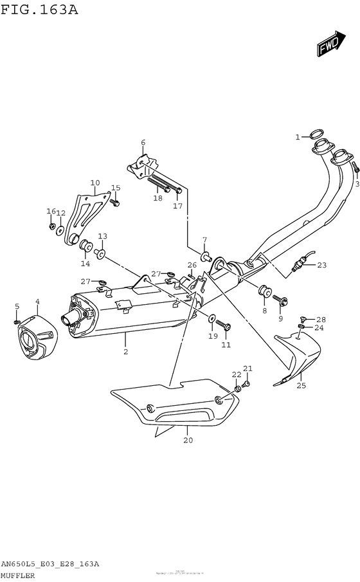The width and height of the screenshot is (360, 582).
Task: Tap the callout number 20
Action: tap(187, 441)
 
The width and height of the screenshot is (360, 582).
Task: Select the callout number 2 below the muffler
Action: tap(125, 352)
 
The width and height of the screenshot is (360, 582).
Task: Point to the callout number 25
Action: tap(301, 386)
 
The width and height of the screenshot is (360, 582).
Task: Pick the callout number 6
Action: tap(143, 143)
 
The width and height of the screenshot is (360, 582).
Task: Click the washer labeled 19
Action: tap(212, 318)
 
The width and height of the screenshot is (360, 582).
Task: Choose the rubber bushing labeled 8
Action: tap(264, 291)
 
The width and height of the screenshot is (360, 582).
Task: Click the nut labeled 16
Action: tap(51, 226)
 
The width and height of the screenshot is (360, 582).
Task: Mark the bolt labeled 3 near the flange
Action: tap(354, 168)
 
